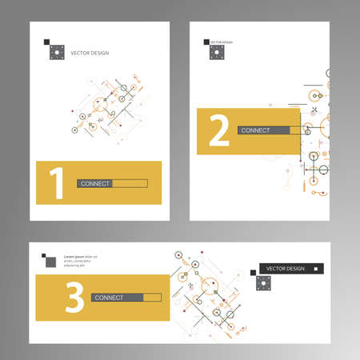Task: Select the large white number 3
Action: click(74, 298)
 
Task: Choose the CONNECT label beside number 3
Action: click(109, 298)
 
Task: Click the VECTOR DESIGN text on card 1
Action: click(91, 53)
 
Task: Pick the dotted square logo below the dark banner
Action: click(261, 282)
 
